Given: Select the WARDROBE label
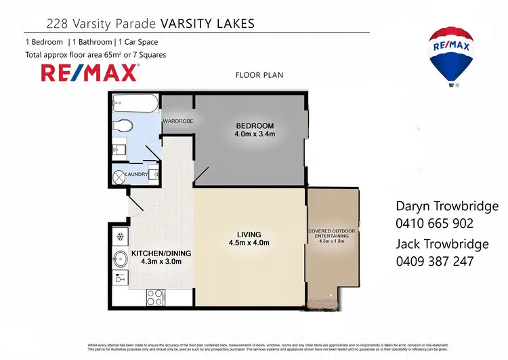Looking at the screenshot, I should pos(177,121).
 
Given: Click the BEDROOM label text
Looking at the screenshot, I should pos(255,126).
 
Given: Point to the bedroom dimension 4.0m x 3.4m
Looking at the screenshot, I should pos(255,135).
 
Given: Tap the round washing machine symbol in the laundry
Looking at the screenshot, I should pos(118,178).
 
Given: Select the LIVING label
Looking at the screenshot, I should pos(249,234).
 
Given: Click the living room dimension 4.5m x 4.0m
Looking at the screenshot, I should pos(249,243).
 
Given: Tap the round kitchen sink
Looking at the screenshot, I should pos(121,258).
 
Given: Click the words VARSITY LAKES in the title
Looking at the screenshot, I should pos(207,24).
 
